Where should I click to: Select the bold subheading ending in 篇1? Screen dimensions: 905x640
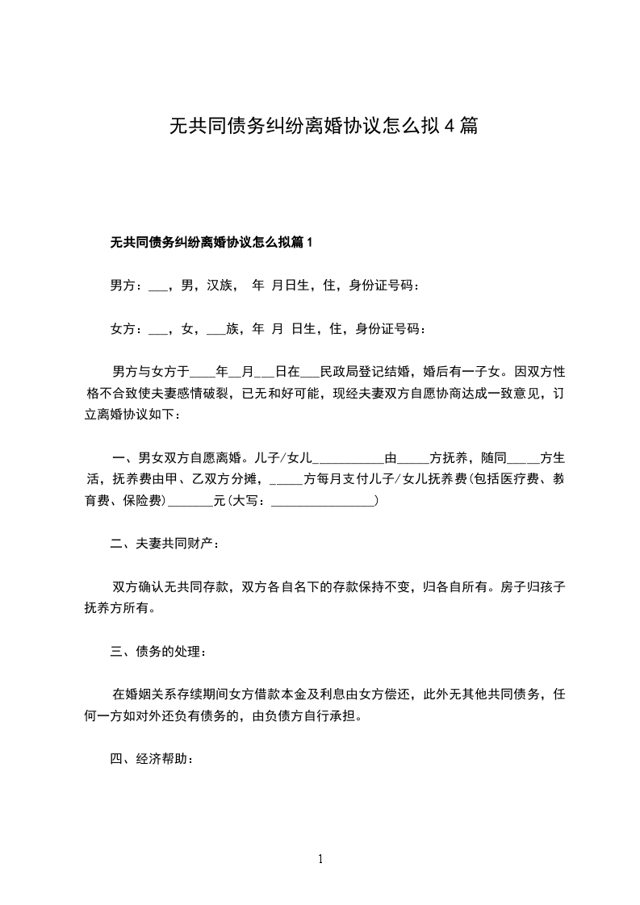211,242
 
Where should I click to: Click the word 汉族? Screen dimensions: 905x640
220,286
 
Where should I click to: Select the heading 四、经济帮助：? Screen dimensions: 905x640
152,760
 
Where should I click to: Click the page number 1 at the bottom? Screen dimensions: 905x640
320,859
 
